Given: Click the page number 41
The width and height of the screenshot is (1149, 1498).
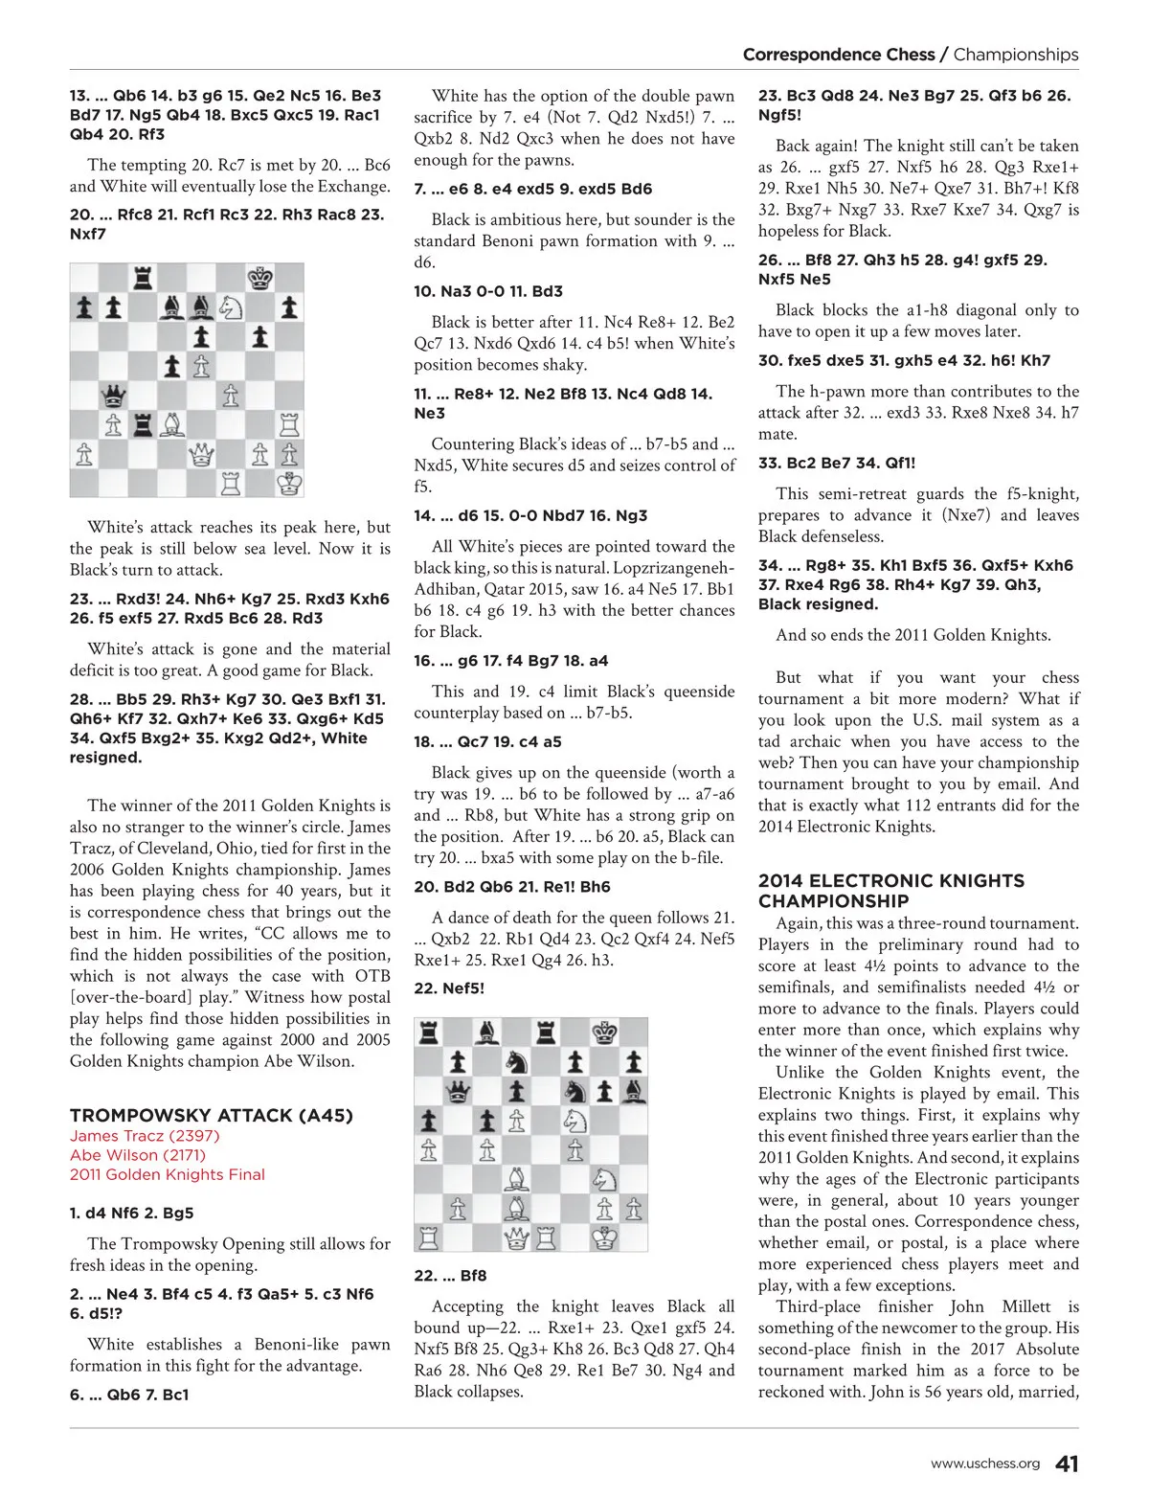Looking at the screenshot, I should tap(1067, 1464).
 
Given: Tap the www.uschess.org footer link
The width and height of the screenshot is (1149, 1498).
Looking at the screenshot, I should tap(985, 1464).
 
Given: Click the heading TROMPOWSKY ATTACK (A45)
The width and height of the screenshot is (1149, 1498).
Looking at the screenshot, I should tap(211, 1115).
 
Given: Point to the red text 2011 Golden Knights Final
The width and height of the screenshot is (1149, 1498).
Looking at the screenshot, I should tap(168, 1174).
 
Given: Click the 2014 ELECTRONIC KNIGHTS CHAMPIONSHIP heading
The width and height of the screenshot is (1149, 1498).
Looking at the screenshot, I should tap(890, 891).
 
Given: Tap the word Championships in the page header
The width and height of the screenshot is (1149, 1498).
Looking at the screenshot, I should tap(1016, 55).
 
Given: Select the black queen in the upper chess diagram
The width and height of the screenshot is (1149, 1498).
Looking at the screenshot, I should tap(114, 395).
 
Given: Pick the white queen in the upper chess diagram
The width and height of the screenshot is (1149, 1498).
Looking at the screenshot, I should tap(202, 453).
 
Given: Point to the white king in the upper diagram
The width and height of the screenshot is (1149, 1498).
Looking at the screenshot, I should tap(289, 482).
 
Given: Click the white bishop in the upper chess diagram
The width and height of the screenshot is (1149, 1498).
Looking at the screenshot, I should tap(172, 424).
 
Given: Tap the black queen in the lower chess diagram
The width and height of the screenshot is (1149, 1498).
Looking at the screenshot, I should tap(459, 1091).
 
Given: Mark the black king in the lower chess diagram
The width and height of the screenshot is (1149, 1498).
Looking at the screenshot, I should tap(604, 1033).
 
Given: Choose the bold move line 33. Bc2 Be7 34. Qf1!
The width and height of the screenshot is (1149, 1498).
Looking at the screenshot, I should tap(837, 463).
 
